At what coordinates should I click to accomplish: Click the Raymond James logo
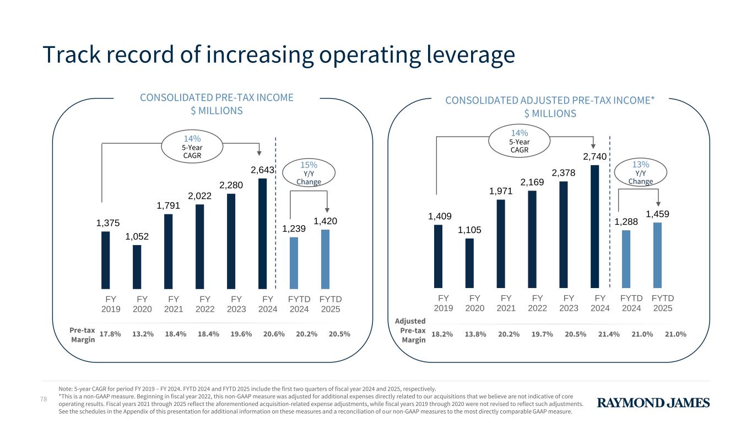[653, 403]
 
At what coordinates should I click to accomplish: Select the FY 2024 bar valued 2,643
[262, 233]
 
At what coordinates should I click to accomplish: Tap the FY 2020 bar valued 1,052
[137, 267]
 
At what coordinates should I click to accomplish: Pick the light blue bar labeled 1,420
[325, 259]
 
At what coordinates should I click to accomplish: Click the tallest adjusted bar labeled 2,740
[594, 226]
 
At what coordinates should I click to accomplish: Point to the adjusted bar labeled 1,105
[469, 263]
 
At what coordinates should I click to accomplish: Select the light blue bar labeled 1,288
[626, 259]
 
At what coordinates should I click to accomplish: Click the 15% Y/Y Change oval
[308, 172]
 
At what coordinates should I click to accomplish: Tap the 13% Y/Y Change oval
[640, 172]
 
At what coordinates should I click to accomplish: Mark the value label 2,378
[564, 173]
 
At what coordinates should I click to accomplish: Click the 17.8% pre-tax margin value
[110, 334]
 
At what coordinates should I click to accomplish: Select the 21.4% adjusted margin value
[609, 334]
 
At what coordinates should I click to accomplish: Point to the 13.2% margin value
[143, 334]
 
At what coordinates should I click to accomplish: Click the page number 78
[46, 398]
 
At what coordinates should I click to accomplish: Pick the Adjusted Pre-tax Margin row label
[411, 330]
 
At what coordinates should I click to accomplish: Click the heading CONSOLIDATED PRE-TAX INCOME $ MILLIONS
[217, 104]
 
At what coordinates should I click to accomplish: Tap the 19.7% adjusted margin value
[542, 334]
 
